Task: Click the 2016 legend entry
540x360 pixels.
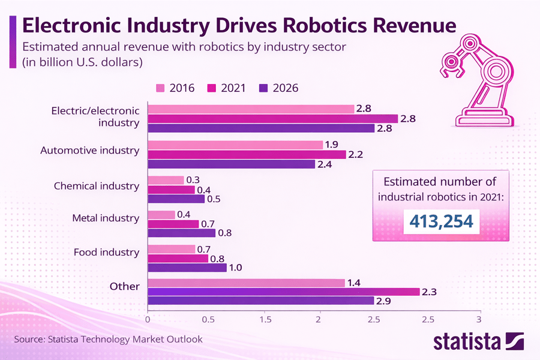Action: pos(175,88)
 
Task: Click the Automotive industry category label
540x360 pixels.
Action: pos(89,151)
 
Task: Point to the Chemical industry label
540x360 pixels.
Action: pos(96,186)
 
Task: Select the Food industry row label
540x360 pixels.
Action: pos(106,252)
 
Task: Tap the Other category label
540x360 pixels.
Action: pos(124,286)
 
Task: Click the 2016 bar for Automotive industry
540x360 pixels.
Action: pos(235,145)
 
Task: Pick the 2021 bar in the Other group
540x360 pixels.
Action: pos(283,292)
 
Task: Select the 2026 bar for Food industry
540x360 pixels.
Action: pos(187,268)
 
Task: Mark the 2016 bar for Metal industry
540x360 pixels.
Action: pos(161,215)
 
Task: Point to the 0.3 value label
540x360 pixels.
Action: pos(194,180)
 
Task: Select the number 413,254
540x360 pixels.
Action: pos(440,221)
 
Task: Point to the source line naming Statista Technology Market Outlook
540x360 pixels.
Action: pos(108,340)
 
